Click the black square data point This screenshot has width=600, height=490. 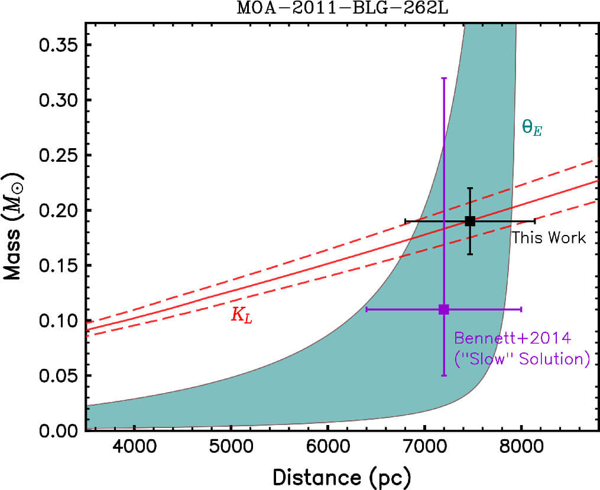[470, 221]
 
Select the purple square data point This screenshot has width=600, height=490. [444, 309]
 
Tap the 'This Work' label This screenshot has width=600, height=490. [549, 238]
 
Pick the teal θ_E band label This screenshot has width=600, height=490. [531, 128]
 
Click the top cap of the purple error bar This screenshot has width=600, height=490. [444, 77]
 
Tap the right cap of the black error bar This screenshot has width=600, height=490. [534, 221]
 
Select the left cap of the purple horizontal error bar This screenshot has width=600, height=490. [367, 309]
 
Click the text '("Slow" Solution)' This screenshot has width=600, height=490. [522, 359]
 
